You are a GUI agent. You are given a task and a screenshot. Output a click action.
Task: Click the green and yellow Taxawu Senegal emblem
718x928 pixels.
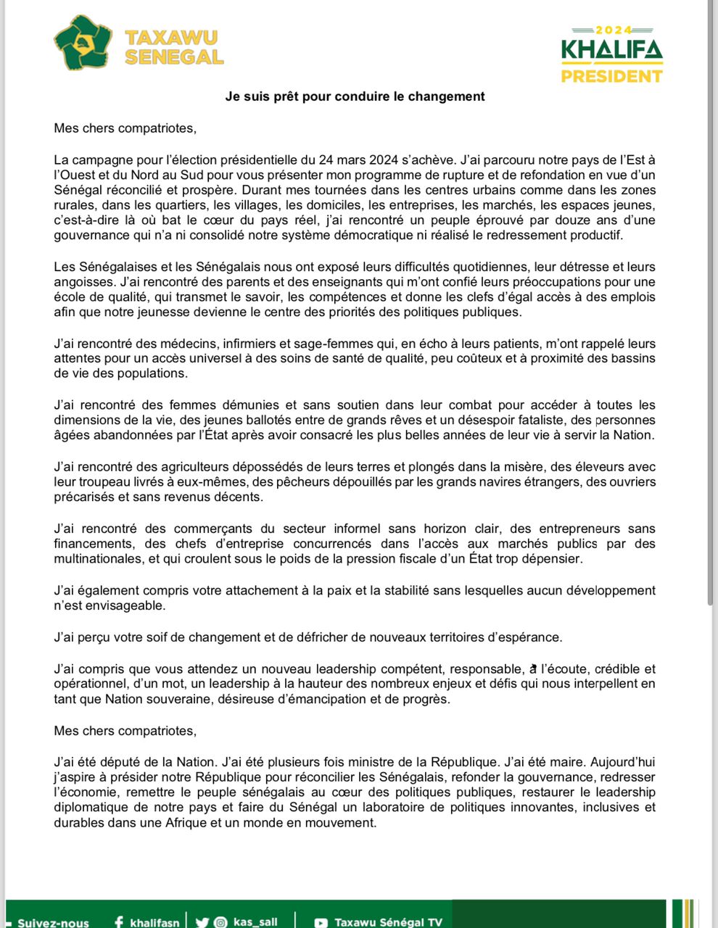tap(83, 43)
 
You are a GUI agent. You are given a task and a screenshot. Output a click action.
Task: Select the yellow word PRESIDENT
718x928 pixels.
tap(611, 75)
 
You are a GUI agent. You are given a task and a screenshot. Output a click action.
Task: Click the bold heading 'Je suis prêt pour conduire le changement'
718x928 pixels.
tap(355, 96)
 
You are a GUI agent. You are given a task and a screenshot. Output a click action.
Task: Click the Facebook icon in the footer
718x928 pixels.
tap(119, 922)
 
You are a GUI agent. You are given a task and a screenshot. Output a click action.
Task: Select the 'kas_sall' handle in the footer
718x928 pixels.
tap(255, 922)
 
